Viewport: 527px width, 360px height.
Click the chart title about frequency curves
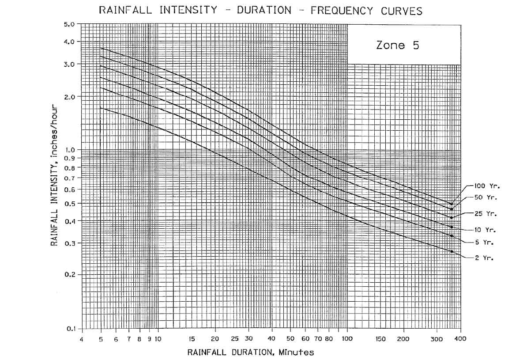pyautogui.click(x=260, y=11)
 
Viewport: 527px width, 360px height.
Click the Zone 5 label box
pyautogui.click(x=397, y=45)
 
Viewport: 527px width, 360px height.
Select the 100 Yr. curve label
pyautogui.click(x=486, y=186)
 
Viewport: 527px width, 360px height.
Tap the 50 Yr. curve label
pyautogui.click(x=484, y=197)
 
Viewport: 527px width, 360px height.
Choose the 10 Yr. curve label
pyautogui.click(x=485, y=230)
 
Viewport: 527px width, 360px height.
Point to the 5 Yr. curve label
pyautogui.click(x=484, y=242)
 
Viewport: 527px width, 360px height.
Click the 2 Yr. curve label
pyautogui.click(x=484, y=258)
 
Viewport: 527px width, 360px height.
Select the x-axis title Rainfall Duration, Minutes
pyautogui.click(x=251, y=352)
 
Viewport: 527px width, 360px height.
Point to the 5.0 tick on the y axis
pyautogui.click(x=70, y=24)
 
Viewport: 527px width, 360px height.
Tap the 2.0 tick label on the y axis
pyautogui.click(x=70, y=97)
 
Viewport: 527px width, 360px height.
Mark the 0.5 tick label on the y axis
pyautogui.click(x=70, y=204)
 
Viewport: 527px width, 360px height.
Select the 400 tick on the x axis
pyautogui.click(x=461, y=339)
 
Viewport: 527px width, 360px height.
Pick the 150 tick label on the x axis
pyautogui.click(x=381, y=339)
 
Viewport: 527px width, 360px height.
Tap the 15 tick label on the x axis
pyautogui.click(x=192, y=339)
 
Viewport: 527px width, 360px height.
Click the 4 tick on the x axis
pyautogui.click(x=82, y=339)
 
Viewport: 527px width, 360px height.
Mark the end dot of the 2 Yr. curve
pyautogui.click(x=452, y=251)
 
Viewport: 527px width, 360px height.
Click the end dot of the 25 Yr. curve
pyautogui.click(x=452, y=218)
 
